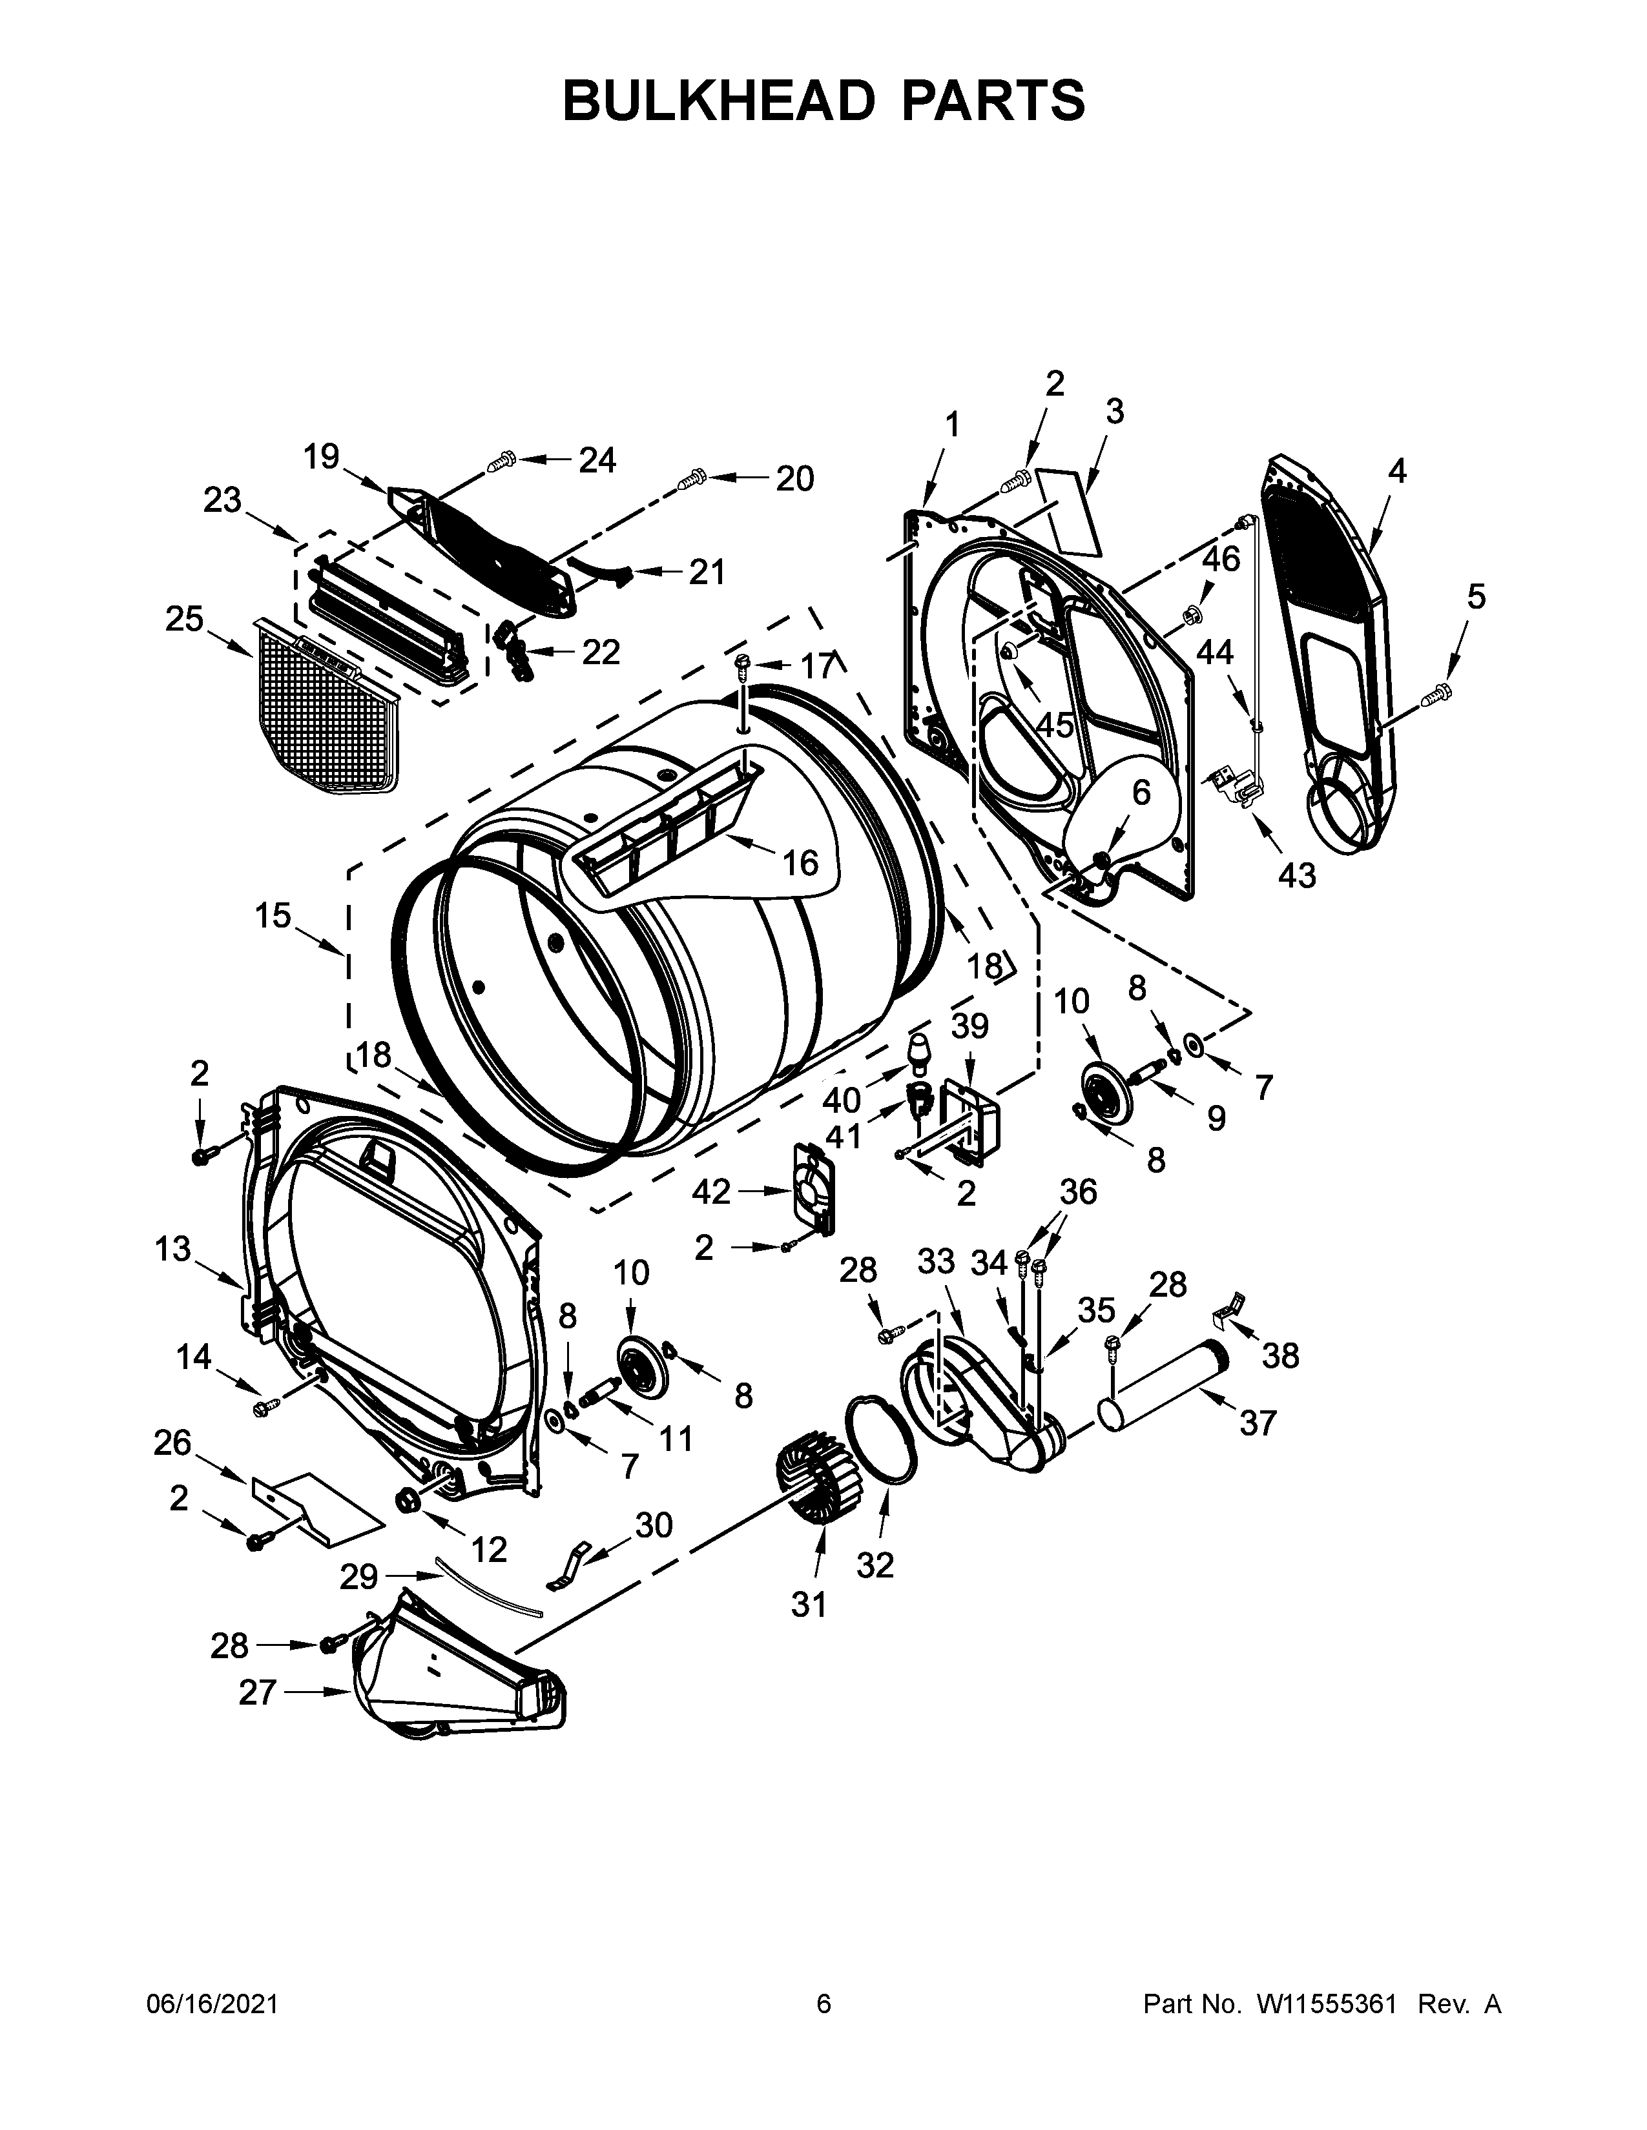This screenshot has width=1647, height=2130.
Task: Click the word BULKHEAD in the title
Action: click(720, 101)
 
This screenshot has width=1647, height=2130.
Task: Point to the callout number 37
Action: click(1258, 1423)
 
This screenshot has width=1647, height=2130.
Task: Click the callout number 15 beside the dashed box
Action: click(273, 916)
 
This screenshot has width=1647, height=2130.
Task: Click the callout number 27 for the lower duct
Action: click(258, 1692)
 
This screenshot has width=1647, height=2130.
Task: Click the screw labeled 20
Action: click(692, 478)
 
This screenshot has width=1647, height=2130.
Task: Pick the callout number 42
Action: click(711, 1191)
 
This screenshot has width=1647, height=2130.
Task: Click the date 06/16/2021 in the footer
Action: click(212, 2003)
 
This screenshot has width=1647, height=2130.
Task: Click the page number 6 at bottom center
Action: click(823, 2003)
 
